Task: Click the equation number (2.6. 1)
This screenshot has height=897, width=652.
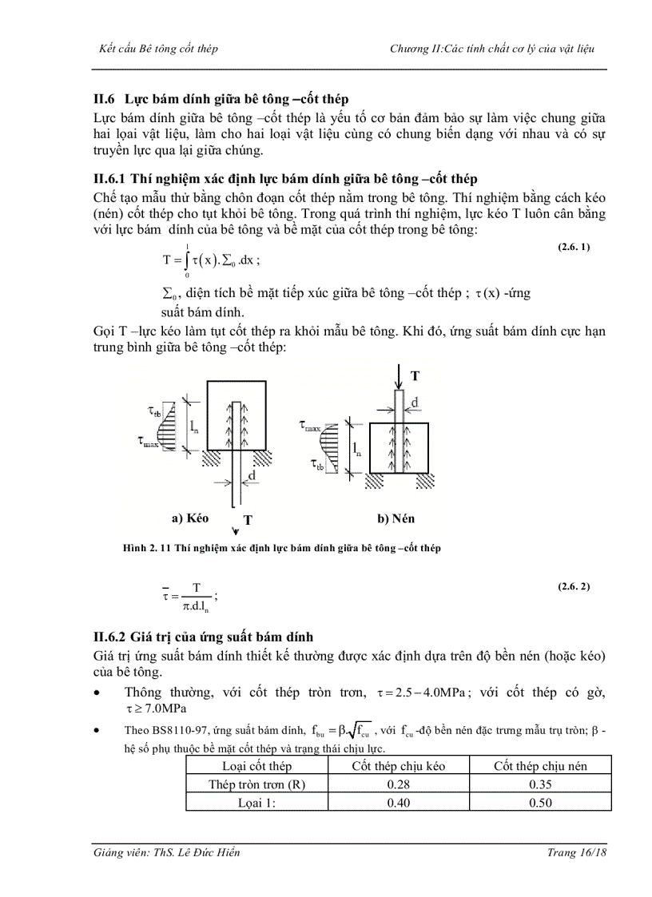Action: tap(573, 247)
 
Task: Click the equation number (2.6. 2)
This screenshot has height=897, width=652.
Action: tap(573, 587)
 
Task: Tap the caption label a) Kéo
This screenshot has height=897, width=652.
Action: tap(190, 518)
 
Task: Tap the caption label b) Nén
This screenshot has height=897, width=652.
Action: tap(396, 518)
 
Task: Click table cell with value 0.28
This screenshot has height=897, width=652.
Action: tap(398, 784)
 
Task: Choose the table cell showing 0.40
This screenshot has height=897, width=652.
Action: tap(398, 803)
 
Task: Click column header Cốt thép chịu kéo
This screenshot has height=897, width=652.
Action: tap(398, 766)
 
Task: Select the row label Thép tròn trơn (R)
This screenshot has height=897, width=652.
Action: tap(256, 784)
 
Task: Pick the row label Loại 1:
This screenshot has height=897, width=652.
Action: tap(256, 803)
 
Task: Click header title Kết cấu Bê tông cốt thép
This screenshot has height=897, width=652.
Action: tap(157, 49)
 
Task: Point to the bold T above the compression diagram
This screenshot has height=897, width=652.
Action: tap(414, 375)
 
